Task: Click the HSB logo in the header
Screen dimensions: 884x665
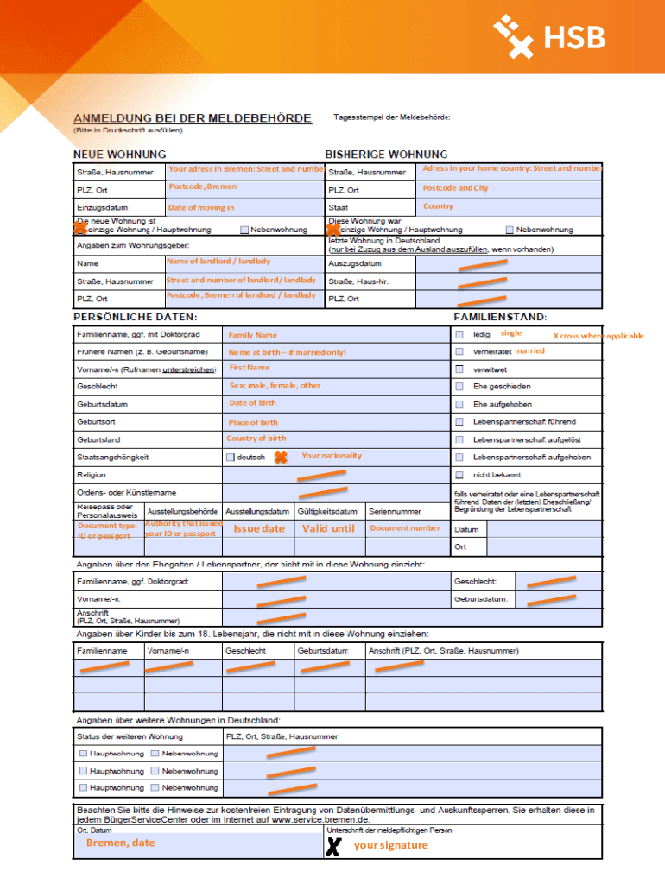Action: point(549,37)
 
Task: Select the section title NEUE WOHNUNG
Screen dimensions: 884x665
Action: point(119,154)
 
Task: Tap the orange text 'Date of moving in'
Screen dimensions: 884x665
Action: point(200,207)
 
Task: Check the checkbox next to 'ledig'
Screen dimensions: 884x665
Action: point(459,334)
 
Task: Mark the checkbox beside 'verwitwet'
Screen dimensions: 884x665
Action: point(459,369)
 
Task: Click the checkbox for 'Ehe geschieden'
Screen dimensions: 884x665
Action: point(459,387)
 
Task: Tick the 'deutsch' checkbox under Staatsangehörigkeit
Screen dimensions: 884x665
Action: point(231,457)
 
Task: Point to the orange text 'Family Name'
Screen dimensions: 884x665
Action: point(252,335)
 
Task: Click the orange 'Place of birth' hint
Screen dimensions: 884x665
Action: point(253,422)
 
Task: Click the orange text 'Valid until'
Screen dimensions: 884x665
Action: point(328,528)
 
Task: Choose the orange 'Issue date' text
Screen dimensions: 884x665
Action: point(258,528)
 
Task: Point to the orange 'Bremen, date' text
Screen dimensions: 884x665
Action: point(120,843)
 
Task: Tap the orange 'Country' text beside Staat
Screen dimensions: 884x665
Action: point(438,206)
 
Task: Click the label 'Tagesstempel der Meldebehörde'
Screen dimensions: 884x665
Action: point(391,117)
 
